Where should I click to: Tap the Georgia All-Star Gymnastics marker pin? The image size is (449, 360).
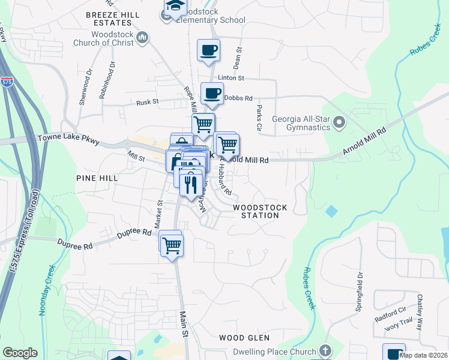339,122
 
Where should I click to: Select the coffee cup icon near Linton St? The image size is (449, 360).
209,50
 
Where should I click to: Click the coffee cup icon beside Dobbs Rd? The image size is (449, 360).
212,93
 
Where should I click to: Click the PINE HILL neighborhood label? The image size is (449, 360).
97,178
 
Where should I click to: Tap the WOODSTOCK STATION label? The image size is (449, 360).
260,211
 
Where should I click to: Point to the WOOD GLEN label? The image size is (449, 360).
244,338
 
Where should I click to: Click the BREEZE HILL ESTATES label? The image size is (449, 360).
113,19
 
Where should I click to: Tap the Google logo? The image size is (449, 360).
20,353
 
